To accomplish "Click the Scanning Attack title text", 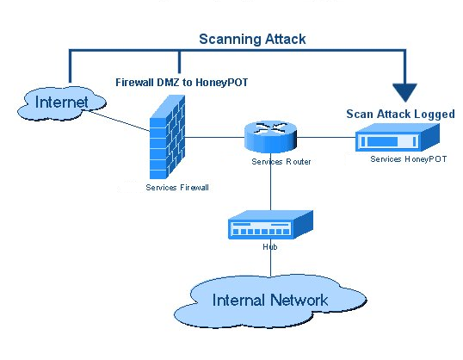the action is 252,39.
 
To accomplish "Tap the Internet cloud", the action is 62,103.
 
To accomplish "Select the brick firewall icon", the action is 168,137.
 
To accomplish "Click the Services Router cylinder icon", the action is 270,137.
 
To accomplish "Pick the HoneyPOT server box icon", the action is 397,138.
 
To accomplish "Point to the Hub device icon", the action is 270,225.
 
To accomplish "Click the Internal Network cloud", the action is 270,301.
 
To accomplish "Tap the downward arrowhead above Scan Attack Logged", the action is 404,92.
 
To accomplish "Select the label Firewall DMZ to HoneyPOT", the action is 182,82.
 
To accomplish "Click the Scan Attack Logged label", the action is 400,114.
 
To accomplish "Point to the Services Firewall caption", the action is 177,188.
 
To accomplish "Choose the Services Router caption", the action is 281,162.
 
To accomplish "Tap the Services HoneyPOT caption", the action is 409,159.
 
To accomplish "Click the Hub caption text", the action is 270,247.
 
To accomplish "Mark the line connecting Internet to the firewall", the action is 120,121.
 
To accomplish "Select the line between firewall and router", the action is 214,137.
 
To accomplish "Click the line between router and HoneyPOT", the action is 326,137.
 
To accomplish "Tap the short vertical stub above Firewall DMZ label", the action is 179,62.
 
